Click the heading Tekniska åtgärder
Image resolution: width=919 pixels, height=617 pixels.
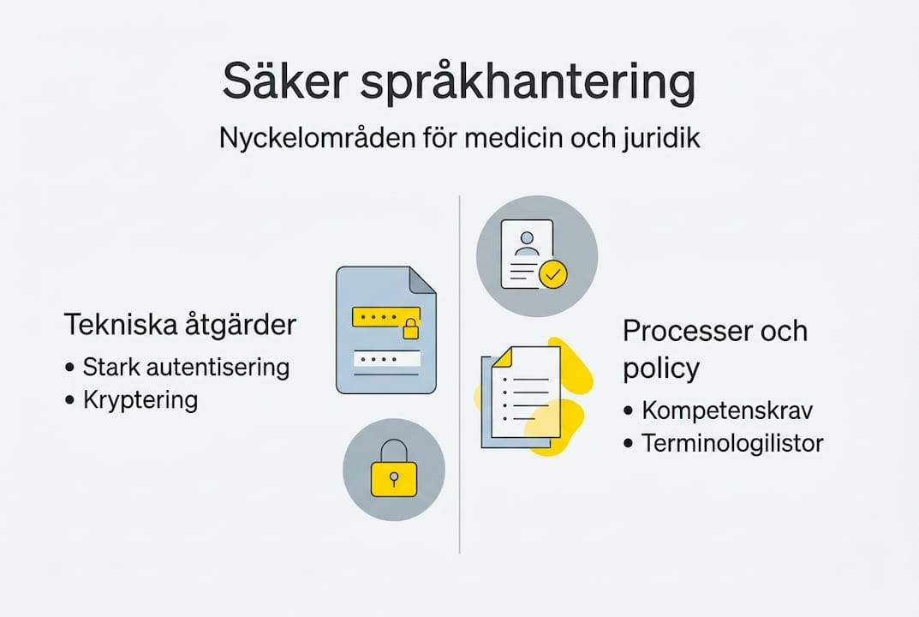coord(180,326)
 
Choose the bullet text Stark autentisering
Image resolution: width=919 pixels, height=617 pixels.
coord(186,368)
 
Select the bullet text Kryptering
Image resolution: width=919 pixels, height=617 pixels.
coord(140,399)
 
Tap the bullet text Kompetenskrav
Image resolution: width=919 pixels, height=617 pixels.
coord(727,410)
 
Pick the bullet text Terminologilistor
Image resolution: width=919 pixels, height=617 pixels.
coord(732,443)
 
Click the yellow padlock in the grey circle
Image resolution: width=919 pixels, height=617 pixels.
coord(394,473)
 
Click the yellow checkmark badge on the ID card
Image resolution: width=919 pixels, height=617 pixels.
coord(552,275)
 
